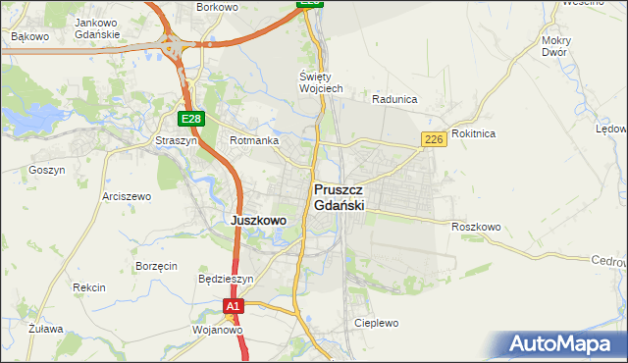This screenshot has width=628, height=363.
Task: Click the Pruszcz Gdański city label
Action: (x=340, y=198)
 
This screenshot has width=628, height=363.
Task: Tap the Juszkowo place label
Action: (x=258, y=221)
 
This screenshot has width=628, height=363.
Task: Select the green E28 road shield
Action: (x=191, y=119)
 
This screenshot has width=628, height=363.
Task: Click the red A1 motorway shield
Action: (x=232, y=307)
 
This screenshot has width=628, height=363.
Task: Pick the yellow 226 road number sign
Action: (x=435, y=140)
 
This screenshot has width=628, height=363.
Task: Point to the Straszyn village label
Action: (x=177, y=141)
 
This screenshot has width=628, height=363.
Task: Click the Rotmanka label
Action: (x=254, y=141)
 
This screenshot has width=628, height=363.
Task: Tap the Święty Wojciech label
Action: (x=321, y=82)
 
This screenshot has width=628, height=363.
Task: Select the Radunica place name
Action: (x=395, y=99)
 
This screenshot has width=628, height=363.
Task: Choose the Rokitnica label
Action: (x=475, y=133)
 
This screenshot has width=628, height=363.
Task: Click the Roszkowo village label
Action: (x=477, y=227)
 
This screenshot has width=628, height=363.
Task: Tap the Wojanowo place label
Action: (x=218, y=330)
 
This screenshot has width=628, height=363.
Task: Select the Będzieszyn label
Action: (x=226, y=279)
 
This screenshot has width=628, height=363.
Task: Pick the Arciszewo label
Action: (x=127, y=196)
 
